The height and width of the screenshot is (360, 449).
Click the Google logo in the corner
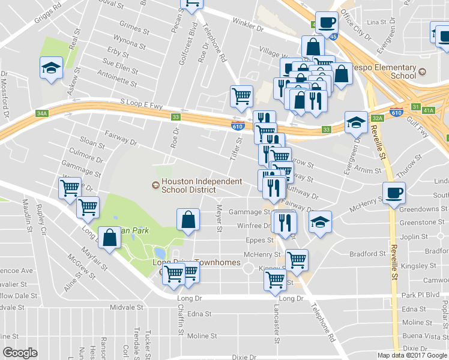click(20, 353)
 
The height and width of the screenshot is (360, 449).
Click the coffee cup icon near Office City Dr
click(327, 23)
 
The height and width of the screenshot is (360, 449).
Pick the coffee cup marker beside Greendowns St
click(393, 193)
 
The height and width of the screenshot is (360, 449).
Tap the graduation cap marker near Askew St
click(52, 68)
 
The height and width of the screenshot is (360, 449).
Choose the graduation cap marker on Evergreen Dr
click(356, 122)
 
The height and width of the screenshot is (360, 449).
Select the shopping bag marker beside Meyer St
click(188, 220)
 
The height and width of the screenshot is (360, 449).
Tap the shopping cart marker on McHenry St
click(297, 260)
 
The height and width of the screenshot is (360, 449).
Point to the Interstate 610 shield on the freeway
click(237, 125)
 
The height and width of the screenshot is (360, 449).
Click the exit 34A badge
click(41, 113)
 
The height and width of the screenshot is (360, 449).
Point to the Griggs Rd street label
click(48, 9)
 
